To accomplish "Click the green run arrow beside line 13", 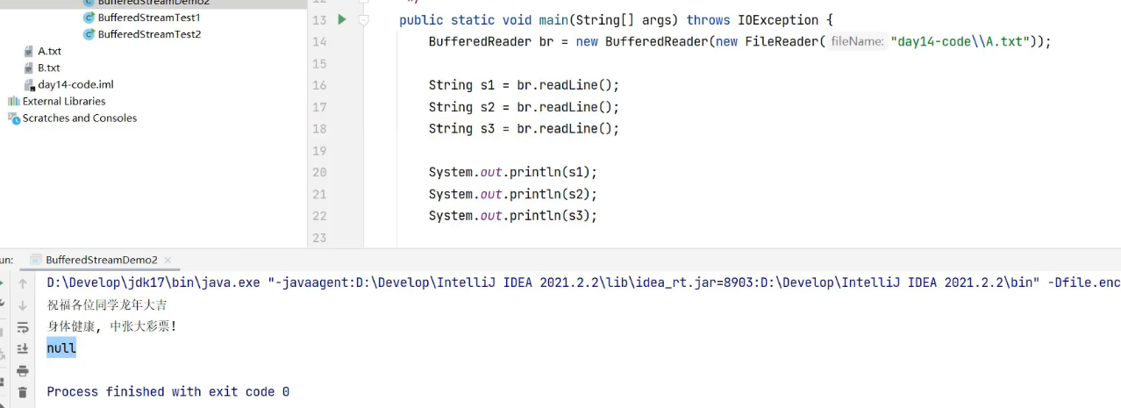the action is (x=342, y=19).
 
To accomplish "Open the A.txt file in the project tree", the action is (x=49, y=51).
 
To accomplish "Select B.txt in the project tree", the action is (x=49, y=68).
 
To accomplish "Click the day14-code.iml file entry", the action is (x=75, y=84).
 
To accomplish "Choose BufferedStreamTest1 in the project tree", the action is (x=149, y=18).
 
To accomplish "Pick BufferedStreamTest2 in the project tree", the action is (x=149, y=34).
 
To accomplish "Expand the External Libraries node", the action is (x=64, y=101).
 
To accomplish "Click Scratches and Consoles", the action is (x=79, y=118).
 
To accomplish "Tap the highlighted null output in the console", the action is (x=61, y=348).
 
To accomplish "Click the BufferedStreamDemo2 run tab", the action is (x=101, y=260).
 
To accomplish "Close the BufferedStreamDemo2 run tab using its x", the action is (x=168, y=261).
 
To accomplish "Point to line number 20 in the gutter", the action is (x=318, y=173).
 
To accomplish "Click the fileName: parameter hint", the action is (x=857, y=41).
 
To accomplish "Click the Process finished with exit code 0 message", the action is (x=168, y=391).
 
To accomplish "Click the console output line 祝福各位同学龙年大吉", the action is (x=107, y=305).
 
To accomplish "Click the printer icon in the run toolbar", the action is (x=23, y=370).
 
